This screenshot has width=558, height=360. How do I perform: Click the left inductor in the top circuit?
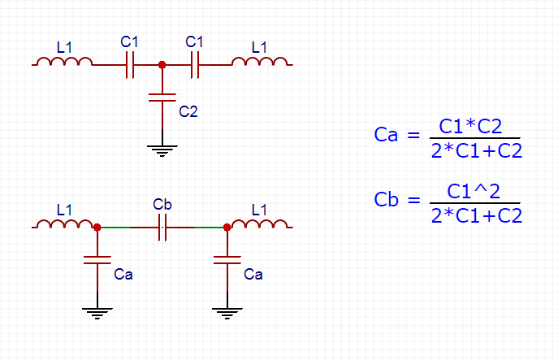tap(65, 62)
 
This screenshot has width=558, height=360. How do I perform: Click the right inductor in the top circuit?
tap(260, 62)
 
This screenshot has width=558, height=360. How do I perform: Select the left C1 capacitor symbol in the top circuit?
tap(130, 65)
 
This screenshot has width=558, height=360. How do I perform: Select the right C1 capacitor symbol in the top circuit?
tap(195, 65)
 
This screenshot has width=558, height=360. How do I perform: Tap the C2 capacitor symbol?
tap(162, 98)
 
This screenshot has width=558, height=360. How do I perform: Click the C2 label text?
tap(188, 111)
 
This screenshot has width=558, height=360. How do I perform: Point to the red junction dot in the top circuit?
tap(162, 65)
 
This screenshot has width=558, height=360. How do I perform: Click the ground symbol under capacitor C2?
tap(162, 150)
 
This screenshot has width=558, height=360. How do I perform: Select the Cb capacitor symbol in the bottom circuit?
tap(162, 228)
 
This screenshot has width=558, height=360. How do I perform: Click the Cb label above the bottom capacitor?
tap(162, 205)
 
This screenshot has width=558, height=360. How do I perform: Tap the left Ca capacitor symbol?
tap(97, 260)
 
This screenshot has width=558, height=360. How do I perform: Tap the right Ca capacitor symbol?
tap(227, 260)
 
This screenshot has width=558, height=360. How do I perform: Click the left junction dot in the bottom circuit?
tap(97, 228)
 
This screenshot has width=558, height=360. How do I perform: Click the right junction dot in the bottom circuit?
tap(227, 228)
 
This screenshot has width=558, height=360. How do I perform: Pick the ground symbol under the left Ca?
tap(97, 312)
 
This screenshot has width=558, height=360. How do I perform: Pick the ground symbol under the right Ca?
tap(227, 312)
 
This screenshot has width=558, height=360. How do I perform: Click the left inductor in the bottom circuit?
tap(65, 224)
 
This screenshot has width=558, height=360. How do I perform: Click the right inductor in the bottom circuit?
tap(260, 224)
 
